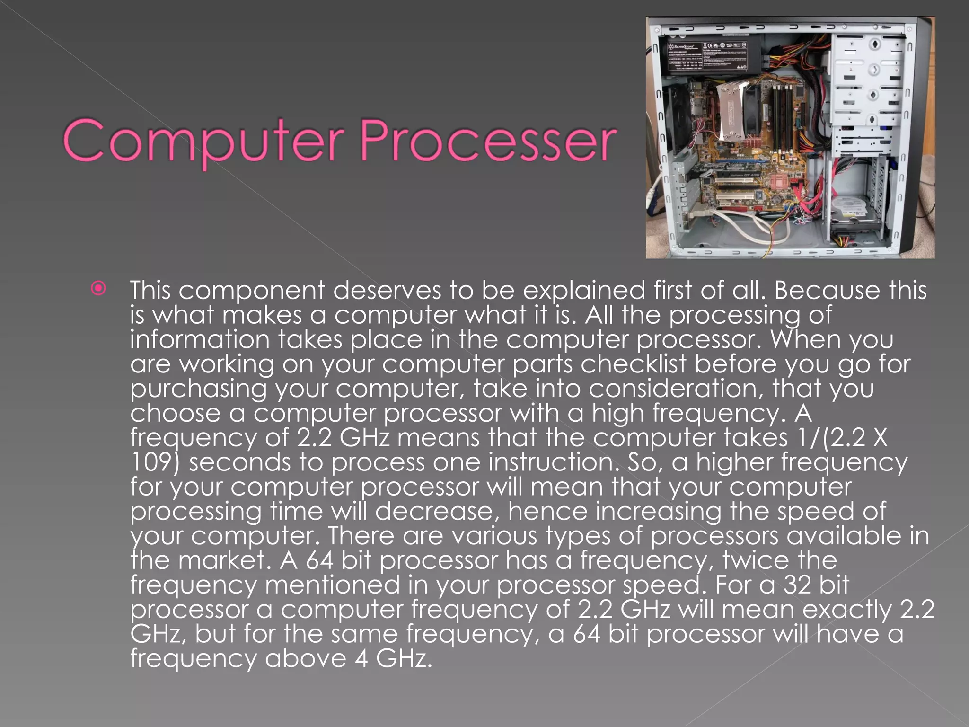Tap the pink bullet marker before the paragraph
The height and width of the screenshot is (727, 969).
point(98,289)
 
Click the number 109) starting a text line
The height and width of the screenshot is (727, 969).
point(155,462)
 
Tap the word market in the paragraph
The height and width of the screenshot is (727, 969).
point(229,560)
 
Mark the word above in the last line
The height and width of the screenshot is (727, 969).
point(305,659)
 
